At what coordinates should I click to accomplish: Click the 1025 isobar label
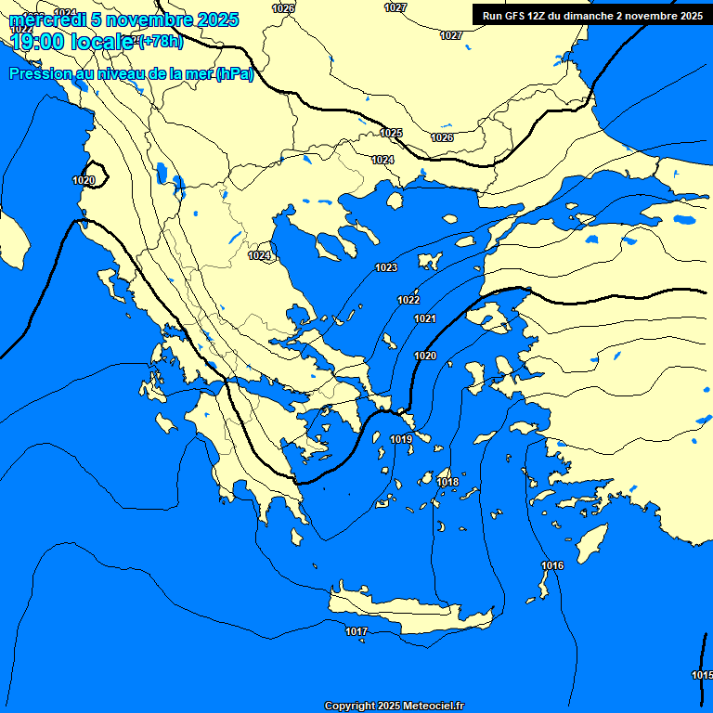pyautogui.click(x=392, y=133)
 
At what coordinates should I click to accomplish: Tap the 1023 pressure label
pyautogui.click(x=386, y=267)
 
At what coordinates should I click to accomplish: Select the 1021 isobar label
pyautogui.click(x=425, y=318)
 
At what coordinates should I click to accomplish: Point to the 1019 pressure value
pyautogui.click(x=401, y=439)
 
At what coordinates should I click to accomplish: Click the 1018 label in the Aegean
pyautogui.click(x=447, y=482)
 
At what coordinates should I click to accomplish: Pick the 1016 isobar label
pyautogui.click(x=552, y=565)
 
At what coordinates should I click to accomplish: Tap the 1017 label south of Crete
pyautogui.click(x=356, y=631)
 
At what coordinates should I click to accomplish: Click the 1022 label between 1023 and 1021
pyautogui.click(x=408, y=300)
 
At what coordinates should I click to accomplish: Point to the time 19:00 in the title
pyautogui.click(x=35, y=41)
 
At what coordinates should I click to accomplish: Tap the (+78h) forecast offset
pyautogui.click(x=161, y=42)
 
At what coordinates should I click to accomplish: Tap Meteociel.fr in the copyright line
pyautogui.click(x=429, y=706)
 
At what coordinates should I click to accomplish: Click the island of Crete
pyautogui.click(x=408, y=613)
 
